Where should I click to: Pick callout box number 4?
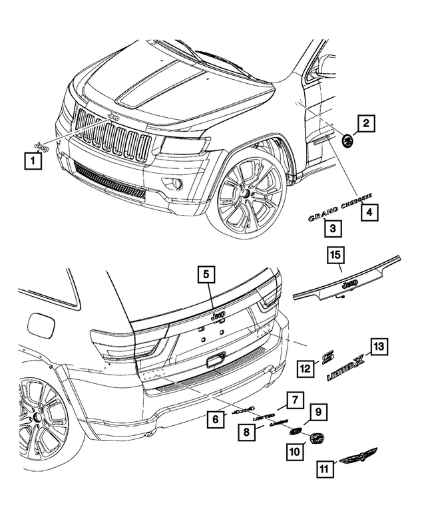click(367, 212)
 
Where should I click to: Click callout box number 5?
click(206, 274)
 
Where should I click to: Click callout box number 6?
click(216, 419)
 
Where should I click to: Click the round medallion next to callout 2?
click(346, 140)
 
